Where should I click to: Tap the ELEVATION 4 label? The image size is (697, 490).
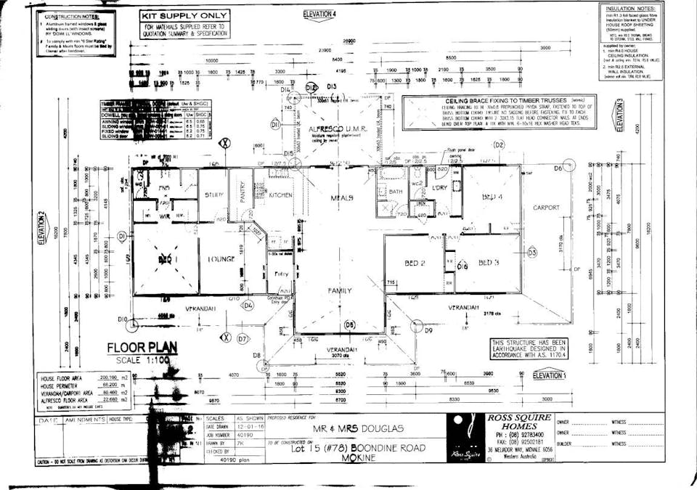coord(319,14)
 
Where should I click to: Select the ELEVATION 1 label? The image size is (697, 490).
coord(549,375)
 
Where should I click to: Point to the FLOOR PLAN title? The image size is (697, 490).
coord(137,348)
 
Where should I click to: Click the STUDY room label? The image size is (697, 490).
coord(213,195)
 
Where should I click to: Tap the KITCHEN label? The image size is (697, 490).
coord(280,195)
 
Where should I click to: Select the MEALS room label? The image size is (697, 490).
coord(341,198)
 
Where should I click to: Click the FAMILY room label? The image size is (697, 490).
coord(340,290)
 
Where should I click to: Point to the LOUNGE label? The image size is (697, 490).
coord(221,259)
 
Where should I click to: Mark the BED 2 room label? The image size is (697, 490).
coord(414,263)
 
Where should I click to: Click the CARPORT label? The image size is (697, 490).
coord(546,208)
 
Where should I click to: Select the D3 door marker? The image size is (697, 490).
coord(531,253)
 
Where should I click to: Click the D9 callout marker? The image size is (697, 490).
coord(428,330)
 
